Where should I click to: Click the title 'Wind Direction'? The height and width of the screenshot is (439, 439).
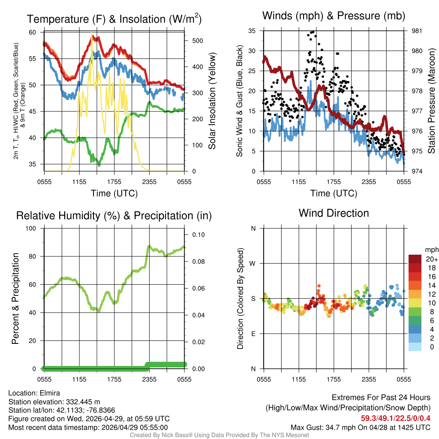coord(334,213)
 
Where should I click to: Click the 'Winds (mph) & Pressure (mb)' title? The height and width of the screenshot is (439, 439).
coord(334,16)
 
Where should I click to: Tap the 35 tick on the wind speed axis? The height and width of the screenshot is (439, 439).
coord(252,31)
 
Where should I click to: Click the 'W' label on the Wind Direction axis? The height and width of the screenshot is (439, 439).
coord(253,263)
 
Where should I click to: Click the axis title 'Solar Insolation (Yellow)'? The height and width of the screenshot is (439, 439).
coord(212,101)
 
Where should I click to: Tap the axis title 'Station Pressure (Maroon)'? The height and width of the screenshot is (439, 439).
coord(432,101)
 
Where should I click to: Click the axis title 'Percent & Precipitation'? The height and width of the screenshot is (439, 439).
coord(16,298)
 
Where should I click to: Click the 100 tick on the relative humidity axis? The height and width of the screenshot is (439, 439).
coord(33,229)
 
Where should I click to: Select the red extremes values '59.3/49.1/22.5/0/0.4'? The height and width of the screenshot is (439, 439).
coord(395,418)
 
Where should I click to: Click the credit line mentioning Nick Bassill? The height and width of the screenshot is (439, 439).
coord(219,435)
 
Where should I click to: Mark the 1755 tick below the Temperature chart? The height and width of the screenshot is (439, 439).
coord(114,182)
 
